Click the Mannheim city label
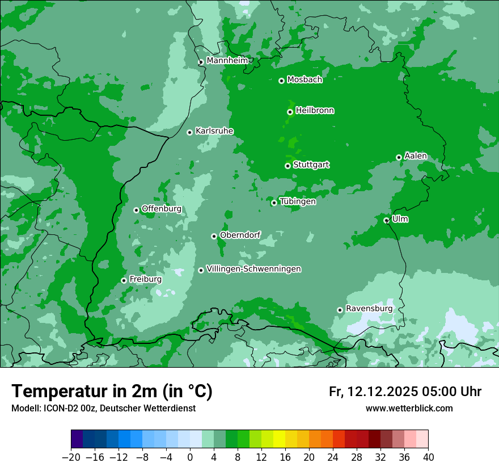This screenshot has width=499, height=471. (228, 60)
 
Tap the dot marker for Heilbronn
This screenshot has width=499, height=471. (290, 112)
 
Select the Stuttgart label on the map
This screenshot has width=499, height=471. (311, 165)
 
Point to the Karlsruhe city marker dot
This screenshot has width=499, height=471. (189, 132)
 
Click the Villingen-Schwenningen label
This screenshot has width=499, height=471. (253, 269)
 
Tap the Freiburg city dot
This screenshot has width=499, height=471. (124, 280)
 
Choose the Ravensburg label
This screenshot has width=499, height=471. (369, 308)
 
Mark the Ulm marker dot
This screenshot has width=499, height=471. (386, 220)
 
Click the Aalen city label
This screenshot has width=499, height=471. (416, 156)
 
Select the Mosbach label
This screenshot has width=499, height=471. (305, 79)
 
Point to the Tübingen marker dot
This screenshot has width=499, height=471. (274, 203)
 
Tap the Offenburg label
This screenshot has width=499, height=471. (161, 209)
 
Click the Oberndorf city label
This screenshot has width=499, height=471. (240, 235)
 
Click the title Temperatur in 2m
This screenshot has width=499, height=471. (112, 391)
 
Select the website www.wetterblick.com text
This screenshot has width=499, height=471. (409, 408)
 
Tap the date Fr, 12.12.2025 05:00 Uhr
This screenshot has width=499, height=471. (405, 392)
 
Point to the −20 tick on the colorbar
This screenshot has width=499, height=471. (71, 457)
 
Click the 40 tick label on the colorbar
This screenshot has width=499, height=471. (428, 457)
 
